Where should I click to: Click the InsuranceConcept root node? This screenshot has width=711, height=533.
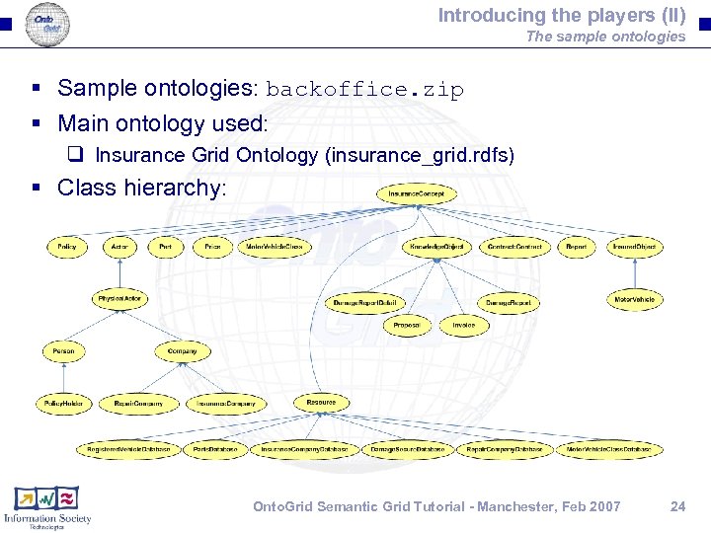(x=416, y=194)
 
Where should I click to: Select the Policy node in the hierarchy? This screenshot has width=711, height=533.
(x=67, y=246)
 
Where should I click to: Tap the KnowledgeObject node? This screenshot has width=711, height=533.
(x=436, y=246)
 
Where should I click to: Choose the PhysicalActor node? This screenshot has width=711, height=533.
(x=119, y=298)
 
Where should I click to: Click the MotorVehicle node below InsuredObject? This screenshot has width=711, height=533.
(x=635, y=298)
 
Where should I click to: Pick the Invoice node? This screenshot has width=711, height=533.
(x=464, y=325)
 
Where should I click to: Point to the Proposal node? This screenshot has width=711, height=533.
(x=407, y=325)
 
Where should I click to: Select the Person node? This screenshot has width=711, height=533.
(x=63, y=350)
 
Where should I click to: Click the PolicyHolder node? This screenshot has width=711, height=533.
(x=63, y=403)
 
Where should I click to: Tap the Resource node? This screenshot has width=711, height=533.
(x=321, y=402)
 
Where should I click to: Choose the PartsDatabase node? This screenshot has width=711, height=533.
(x=214, y=449)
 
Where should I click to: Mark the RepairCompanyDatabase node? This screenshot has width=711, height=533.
(x=504, y=449)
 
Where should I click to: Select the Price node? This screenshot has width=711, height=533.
(x=212, y=246)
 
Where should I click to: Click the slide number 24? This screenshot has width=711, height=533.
(x=677, y=506)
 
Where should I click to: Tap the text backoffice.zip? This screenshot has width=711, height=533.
(x=364, y=90)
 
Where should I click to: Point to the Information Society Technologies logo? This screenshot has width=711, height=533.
(x=46, y=506)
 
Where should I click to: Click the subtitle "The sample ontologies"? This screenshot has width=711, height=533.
(x=604, y=37)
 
